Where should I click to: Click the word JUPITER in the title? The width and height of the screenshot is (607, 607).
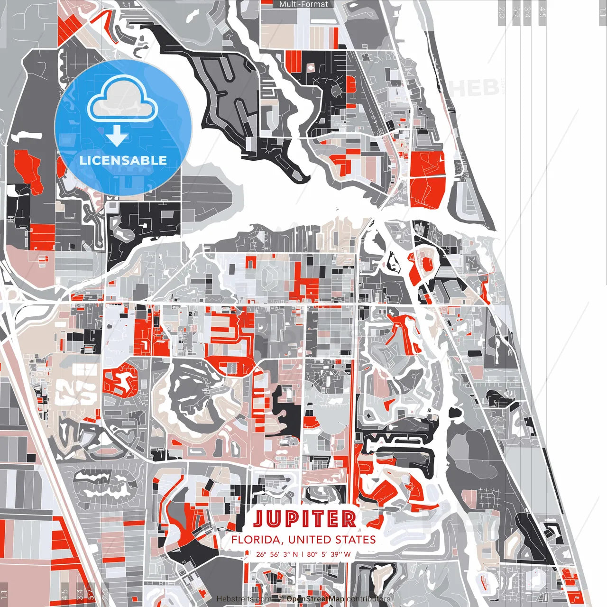(304, 519)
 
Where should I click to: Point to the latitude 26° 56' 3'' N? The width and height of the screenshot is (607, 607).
(277, 554)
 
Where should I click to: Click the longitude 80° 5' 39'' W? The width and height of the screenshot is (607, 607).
(329, 554)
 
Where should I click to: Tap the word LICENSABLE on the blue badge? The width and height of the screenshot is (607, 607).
(123, 160)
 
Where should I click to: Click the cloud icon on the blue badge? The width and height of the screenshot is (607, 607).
(123, 100)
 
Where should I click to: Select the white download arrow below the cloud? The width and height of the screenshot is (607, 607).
(117, 137)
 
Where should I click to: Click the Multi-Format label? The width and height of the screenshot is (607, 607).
(303, 4)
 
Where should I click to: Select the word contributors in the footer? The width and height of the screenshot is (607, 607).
(368, 599)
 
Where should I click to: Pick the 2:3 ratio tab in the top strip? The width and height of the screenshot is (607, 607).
(501, 12)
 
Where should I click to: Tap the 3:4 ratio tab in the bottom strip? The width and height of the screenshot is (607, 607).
(80, 594)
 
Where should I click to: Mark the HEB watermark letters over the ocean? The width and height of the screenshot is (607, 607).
(474, 88)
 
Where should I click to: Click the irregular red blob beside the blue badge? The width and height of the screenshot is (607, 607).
(28, 168)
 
